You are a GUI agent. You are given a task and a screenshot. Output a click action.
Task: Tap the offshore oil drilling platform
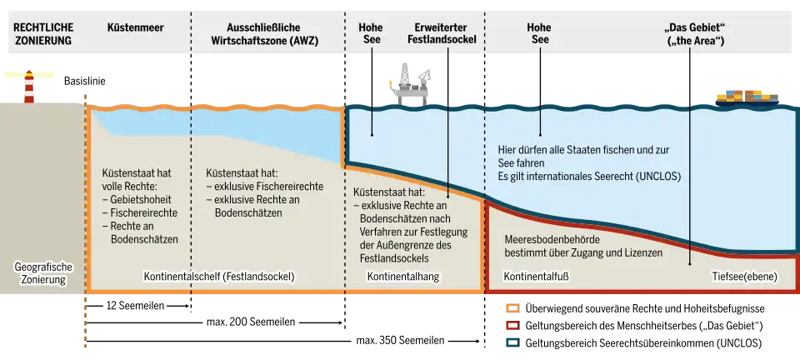pos(410,85)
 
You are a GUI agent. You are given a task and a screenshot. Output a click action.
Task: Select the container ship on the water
pos(747,98)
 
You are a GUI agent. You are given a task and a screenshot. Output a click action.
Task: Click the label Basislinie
pos(85,81)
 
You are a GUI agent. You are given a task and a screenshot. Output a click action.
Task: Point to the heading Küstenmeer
pos(136,27)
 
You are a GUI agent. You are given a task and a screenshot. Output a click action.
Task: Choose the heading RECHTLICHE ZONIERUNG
pos(44,33)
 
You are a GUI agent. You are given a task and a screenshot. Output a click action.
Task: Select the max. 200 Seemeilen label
pos(251,322)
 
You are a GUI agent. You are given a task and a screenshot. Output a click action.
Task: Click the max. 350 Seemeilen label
pos(400,340)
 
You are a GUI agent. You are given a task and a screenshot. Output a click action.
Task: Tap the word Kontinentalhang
pos(403,277)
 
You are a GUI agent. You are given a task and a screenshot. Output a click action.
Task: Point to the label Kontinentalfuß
pos(536,277)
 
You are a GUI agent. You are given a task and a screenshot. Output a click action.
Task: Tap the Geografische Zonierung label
pos(44,273)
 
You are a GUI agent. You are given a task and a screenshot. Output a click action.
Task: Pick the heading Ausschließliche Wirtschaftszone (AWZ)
pos(265,33)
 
